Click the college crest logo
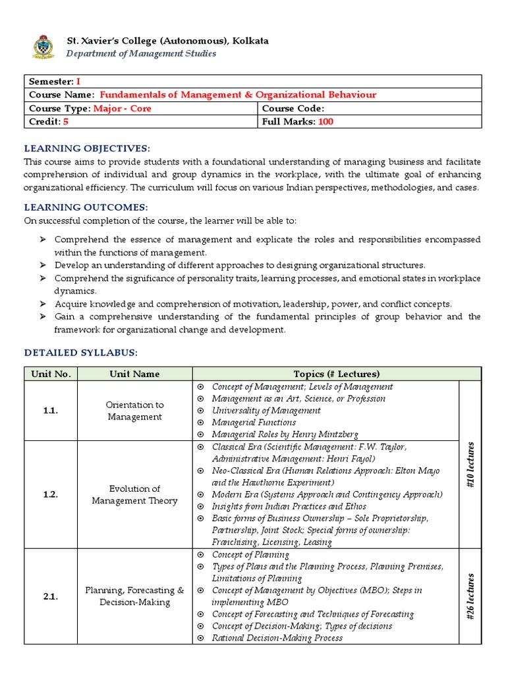point(44,47)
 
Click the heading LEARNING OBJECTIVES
point(87,148)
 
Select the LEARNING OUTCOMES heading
point(85,207)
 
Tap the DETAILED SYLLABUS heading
point(81,353)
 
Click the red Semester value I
point(78,82)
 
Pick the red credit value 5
point(66,122)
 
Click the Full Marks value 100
point(325,122)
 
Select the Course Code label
point(293,109)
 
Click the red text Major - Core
point(122,109)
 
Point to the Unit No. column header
point(51,374)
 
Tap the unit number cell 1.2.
point(51,494)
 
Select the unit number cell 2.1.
point(51,596)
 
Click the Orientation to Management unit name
point(134,411)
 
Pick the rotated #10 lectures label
point(470,464)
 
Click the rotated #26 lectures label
point(470,596)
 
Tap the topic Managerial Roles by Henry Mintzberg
point(285,434)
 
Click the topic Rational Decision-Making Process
point(277,638)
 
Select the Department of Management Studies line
point(141,53)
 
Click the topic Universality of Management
point(266,411)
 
